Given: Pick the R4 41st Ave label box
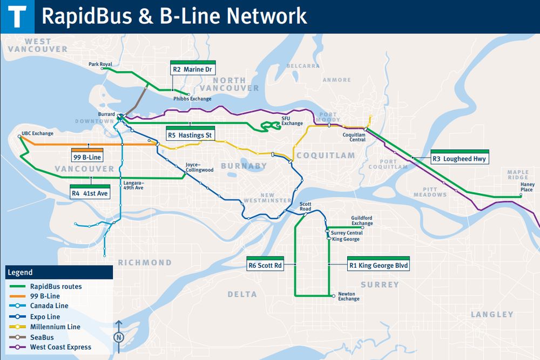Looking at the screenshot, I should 91,192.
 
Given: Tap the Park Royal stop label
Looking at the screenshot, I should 100,64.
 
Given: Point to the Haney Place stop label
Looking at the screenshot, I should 527,187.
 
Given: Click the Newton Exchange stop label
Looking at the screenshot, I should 349,296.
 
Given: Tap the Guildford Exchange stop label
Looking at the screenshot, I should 362,220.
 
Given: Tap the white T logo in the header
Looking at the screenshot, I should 18,16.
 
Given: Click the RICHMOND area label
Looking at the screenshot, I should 145,263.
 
